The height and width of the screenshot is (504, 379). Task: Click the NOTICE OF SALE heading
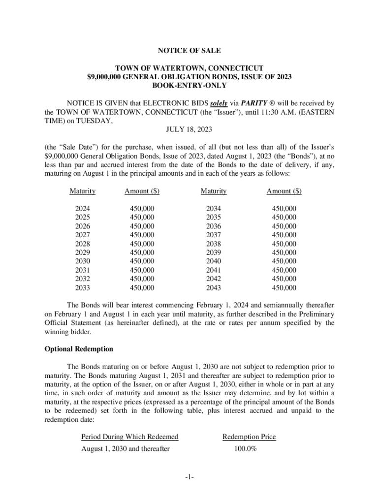(189, 51)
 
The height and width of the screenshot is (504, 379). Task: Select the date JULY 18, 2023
(189, 130)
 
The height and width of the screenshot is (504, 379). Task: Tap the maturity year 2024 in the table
(82, 209)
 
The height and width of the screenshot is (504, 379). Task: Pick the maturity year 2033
(82, 288)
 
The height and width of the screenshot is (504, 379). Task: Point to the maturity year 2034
(214, 209)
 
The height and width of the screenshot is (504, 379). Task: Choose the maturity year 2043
(214, 288)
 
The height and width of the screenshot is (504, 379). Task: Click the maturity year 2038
(214, 244)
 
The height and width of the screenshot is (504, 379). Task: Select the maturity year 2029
(82, 252)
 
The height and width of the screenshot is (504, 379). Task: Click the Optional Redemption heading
(79, 349)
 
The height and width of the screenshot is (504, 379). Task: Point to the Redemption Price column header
(249, 437)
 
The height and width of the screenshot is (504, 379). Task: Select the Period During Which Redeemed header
(130, 437)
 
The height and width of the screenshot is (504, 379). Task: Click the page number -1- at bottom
(189, 478)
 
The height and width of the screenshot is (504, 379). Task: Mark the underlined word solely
(220, 103)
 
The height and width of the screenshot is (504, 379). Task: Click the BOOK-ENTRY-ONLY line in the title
(189, 85)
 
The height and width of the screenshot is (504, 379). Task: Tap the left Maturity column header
(82, 191)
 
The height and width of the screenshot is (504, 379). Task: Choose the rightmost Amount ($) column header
(284, 191)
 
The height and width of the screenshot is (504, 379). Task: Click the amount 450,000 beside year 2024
(142, 209)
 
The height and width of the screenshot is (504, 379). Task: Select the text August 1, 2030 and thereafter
(126, 449)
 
